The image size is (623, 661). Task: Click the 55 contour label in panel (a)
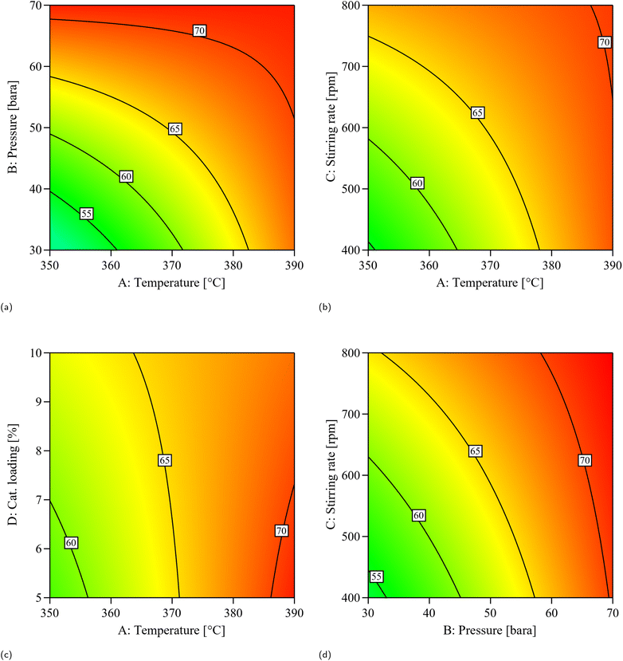87,214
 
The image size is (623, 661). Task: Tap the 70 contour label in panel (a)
199,31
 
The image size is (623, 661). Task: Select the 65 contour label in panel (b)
477,113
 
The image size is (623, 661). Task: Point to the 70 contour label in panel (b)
604,42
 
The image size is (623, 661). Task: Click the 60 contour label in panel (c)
71,543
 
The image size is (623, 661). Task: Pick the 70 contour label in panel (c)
280,530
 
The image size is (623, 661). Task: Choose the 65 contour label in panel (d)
475,451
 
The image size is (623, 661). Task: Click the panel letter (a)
7,305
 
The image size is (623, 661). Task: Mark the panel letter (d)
326,655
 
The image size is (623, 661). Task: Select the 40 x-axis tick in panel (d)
429,612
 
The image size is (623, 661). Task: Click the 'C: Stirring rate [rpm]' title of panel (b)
331,127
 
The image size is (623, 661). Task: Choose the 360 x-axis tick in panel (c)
111,612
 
